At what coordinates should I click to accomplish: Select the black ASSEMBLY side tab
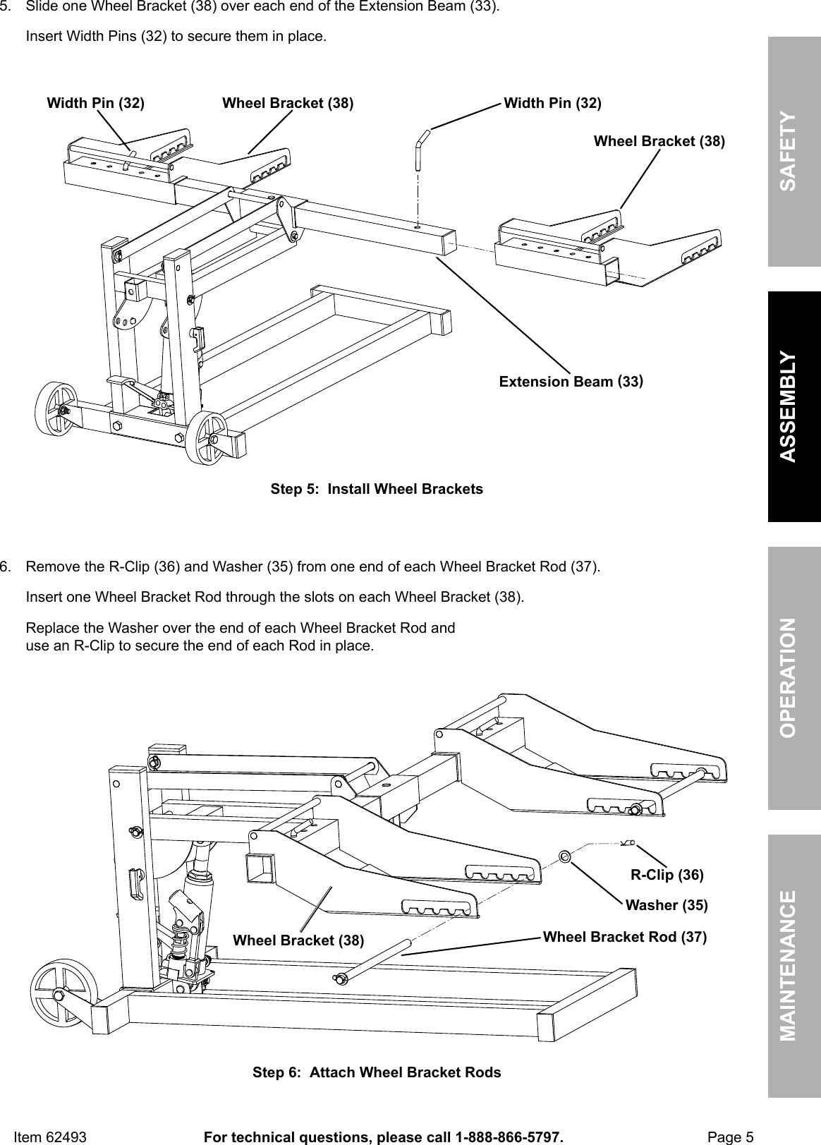[794, 407]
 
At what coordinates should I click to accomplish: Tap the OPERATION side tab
[794, 677]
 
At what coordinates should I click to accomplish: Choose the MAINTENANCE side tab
[794, 965]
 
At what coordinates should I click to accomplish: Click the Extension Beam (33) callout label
[571, 382]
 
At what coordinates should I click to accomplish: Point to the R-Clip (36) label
[667, 875]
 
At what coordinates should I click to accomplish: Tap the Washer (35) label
[667, 904]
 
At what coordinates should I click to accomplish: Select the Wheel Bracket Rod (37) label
[624, 937]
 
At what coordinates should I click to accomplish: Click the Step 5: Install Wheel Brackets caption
[377, 489]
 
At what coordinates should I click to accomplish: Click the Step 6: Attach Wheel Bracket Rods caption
[377, 1072]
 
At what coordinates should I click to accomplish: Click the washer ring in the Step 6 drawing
[564, 856]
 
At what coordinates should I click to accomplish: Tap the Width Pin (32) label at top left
[95, 103]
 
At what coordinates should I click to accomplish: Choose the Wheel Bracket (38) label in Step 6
[298, 940]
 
